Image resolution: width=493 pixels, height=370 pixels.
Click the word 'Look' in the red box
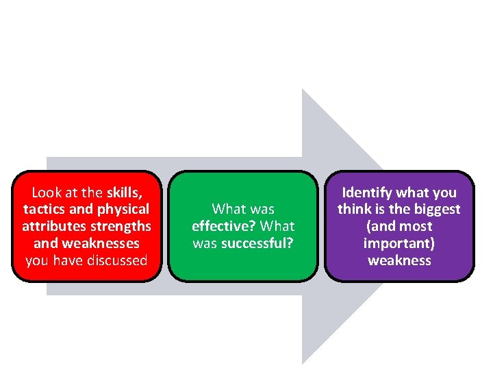[47, 193]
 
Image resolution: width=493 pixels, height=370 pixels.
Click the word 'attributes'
[52, 226]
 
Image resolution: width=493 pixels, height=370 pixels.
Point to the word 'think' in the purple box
[355, 209]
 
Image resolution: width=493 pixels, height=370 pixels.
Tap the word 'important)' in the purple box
[399, 243]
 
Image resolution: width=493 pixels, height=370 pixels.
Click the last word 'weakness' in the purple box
[399, 260]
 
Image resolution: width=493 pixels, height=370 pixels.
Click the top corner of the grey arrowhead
[303, 90]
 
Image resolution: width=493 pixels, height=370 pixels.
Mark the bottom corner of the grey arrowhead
[303, 362]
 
